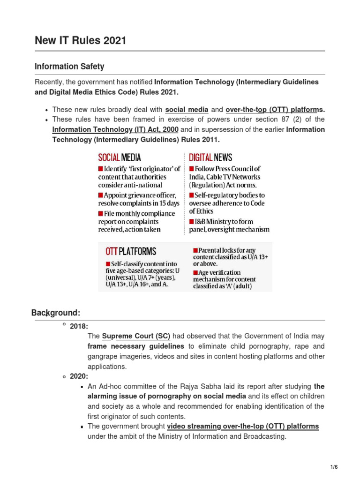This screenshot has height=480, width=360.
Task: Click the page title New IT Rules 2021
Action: tap(80, 41)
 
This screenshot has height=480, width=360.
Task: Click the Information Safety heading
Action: tap(69, 67)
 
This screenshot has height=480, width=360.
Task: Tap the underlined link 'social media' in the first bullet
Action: tap(187, 110)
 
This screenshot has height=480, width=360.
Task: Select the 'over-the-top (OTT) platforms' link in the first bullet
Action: tap(275, 110)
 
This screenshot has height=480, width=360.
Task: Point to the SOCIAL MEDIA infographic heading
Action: tap(119, 157)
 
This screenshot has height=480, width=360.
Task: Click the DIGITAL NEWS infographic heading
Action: tap(210, 157)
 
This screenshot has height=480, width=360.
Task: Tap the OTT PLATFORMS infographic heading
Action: tap(127, 251)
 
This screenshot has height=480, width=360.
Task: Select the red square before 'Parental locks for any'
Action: tap(195, 250)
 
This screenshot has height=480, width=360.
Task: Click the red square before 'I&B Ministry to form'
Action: tap(191, 221)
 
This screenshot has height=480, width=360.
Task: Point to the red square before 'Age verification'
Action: tap(195, 272)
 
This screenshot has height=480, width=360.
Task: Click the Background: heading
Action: tap(56, 313)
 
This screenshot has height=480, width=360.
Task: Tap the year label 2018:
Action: tap(79, 326)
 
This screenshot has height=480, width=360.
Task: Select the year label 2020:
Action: tap(79, 376)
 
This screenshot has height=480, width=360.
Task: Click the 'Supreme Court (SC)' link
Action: tap(136, 336)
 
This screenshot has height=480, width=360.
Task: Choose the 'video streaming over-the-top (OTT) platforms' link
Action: tap(243, 426)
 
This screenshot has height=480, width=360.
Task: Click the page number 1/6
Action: tap(333, 467)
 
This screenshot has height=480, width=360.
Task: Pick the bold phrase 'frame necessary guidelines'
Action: tap(135, 346)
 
